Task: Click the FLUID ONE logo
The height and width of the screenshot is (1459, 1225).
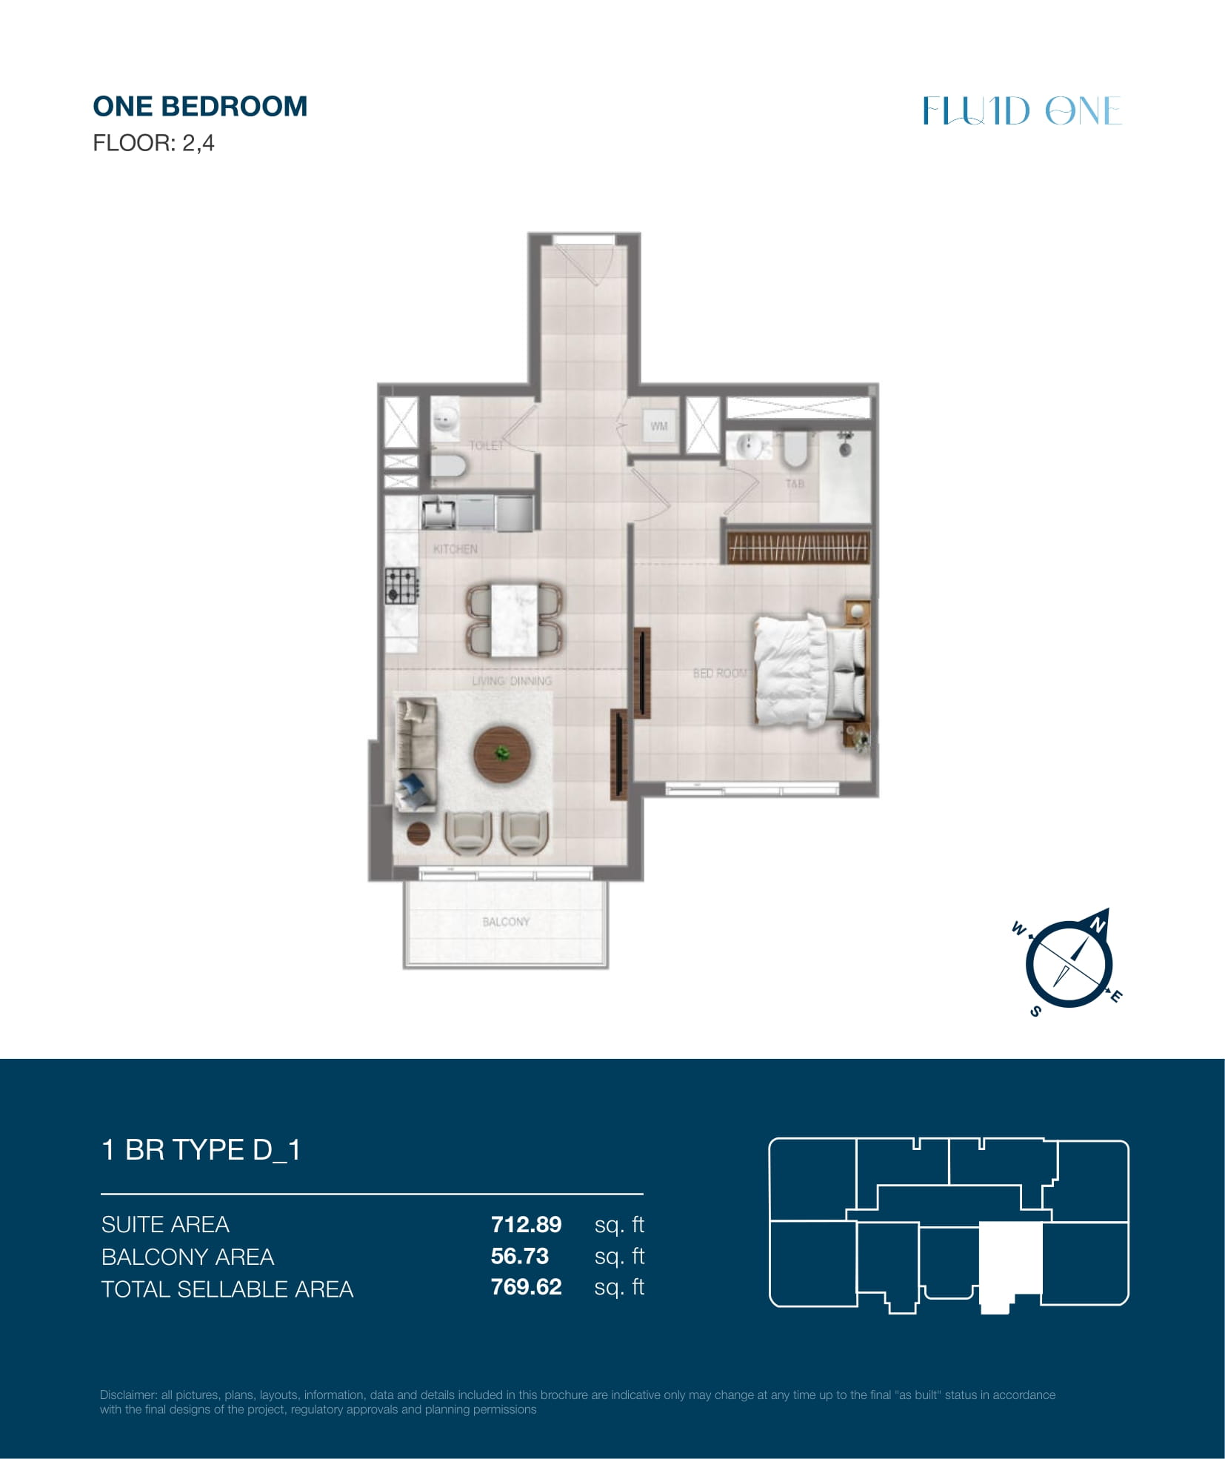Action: pos(1022,111)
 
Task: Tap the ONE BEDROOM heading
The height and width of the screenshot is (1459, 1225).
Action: pos(200,107)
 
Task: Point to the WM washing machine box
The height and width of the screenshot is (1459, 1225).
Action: pos(658,426)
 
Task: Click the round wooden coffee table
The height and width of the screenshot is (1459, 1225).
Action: pos(503,754)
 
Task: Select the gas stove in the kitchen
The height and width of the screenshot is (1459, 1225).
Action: pos(401,585)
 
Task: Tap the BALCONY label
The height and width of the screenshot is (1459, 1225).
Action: pos(506,922)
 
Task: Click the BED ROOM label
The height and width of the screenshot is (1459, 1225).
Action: pos(720,673)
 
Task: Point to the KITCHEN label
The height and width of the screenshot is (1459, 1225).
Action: pos(455,549)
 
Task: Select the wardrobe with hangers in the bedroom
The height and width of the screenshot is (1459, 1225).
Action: pos(798,548)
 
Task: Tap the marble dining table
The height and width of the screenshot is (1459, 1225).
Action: pos(514,620)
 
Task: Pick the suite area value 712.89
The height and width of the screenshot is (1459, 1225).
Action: pos(526,1225)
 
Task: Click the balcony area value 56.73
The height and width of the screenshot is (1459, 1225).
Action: pos(520,1257)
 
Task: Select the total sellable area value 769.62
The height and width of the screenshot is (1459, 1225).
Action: pos(526,1287)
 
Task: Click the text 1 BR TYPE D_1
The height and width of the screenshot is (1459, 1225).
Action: pos(201,1150)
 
